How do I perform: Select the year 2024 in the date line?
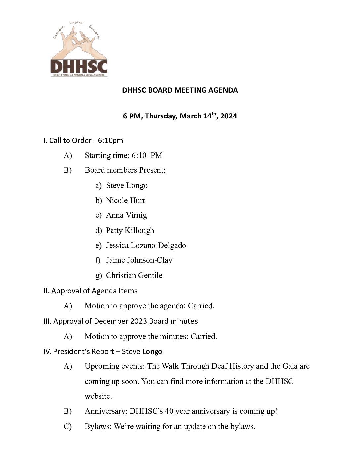coord(229,116)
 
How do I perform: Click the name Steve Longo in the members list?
coord(126,185)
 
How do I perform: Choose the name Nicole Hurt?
coord(125,200)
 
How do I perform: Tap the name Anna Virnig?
coord(126,215)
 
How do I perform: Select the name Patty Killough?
coord(130,230)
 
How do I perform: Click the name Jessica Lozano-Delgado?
coord(146,245)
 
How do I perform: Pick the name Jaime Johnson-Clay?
coord(139,260)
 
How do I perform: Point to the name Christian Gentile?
coord(134,275)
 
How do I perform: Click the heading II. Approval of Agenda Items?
coord(90,291)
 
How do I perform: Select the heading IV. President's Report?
coord(103,351)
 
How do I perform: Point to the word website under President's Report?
coord(98,396)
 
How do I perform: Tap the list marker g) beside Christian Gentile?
coord(98,276)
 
